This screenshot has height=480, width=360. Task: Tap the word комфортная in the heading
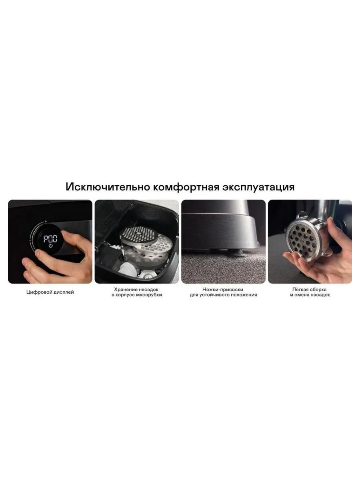pyautogui.click(x=186, y=187)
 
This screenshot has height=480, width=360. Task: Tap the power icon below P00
pyautogui.click(x=51, y=246)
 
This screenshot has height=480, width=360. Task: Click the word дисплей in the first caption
pyautogui.click(x=62, y=292)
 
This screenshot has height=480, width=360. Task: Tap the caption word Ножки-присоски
pyautogui.click(x=223, y=290)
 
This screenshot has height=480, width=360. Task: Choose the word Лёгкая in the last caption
pyautogui.click(x=300, y=290)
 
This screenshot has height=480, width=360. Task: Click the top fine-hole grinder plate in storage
pyautogui.click(x=138, y=235)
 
